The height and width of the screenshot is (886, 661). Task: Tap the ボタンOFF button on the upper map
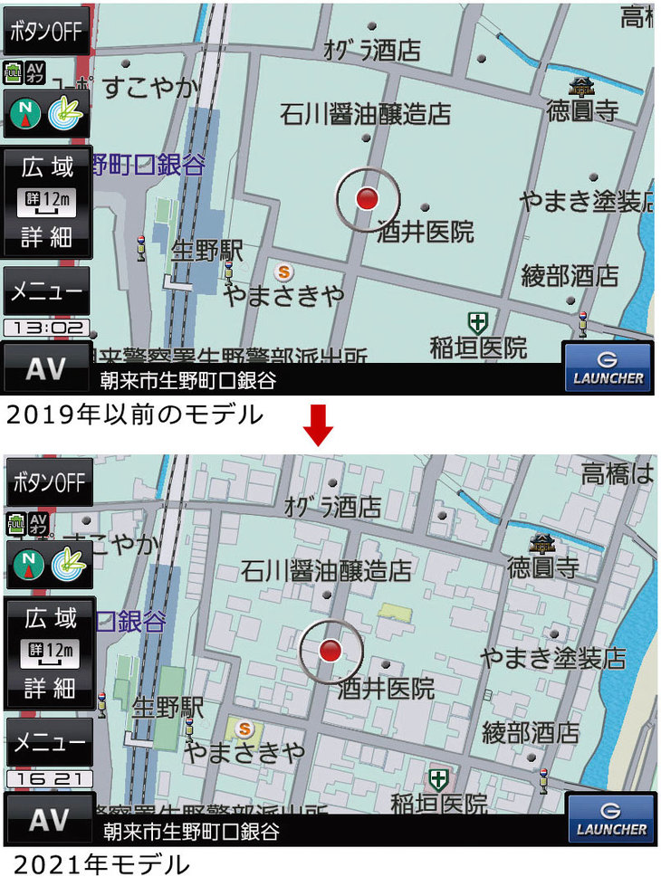coord(46,33)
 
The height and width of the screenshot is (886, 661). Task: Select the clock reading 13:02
coord(46,328)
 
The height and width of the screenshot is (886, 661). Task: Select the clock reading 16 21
coord(49,778)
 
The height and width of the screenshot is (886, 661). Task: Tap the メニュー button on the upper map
coord(46,291)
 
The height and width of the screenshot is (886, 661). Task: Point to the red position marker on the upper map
coord(366,199)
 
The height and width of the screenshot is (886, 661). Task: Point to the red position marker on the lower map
coord(330,650)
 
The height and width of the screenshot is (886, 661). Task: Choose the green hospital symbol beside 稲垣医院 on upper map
coord(477,321)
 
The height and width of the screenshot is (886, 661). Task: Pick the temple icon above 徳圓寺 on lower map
coord(543,542)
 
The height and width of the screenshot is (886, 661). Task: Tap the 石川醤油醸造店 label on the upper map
coord(365,115)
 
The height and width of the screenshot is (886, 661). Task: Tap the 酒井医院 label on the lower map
coord(387,689)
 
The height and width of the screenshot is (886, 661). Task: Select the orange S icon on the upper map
coord(284,271)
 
